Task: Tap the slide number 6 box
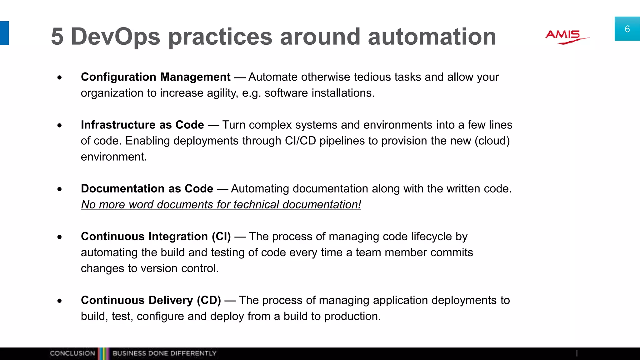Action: tap(627, 29)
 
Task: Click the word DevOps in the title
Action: tap(115, 37)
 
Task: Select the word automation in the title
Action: tap(432, 37)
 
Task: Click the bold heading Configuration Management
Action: tap(156, 77)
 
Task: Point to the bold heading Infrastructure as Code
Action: tap(142, 125)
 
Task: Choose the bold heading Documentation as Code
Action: tap(147, 188)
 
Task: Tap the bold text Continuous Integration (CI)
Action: tap(156, 236)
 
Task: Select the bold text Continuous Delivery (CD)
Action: tap(151, 300)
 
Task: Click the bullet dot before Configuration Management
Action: tap(60, 77)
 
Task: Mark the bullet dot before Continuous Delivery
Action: tap(60, 301)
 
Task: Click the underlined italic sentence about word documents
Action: tap(221, 204)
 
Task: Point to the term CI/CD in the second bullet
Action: tap(300, 141)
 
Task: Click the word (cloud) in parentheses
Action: tap(492, 141)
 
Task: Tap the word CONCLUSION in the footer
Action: tap(72, 353)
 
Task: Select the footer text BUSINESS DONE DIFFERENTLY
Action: tap(164, 353)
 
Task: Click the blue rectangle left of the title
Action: tap(4, 33)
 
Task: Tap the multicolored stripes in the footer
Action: tap(103, 353)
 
